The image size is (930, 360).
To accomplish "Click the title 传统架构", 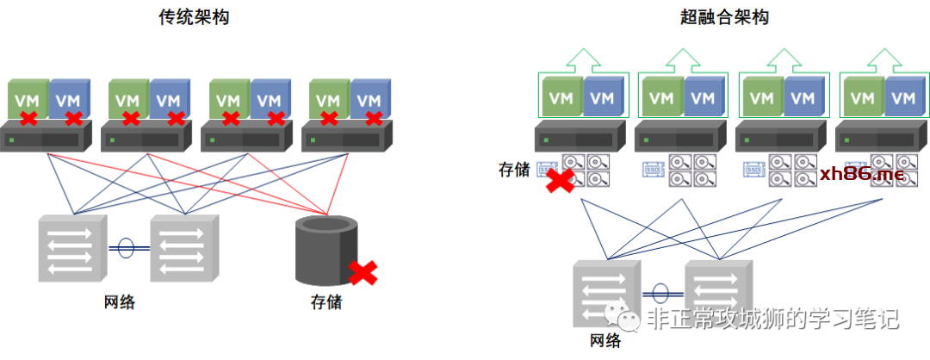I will pos(194,16).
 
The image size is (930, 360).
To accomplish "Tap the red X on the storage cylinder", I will pos(363,273).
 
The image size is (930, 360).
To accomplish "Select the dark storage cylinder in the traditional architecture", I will pos(325,250).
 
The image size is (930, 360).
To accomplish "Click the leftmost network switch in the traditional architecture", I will pos(72,249).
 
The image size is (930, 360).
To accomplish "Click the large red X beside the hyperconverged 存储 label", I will pos(561,182).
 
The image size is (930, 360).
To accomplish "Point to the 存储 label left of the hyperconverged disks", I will pos(514,170).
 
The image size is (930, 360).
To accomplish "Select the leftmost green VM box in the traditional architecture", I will pos(28,100).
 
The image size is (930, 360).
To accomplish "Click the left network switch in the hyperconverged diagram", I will pos(606,293).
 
